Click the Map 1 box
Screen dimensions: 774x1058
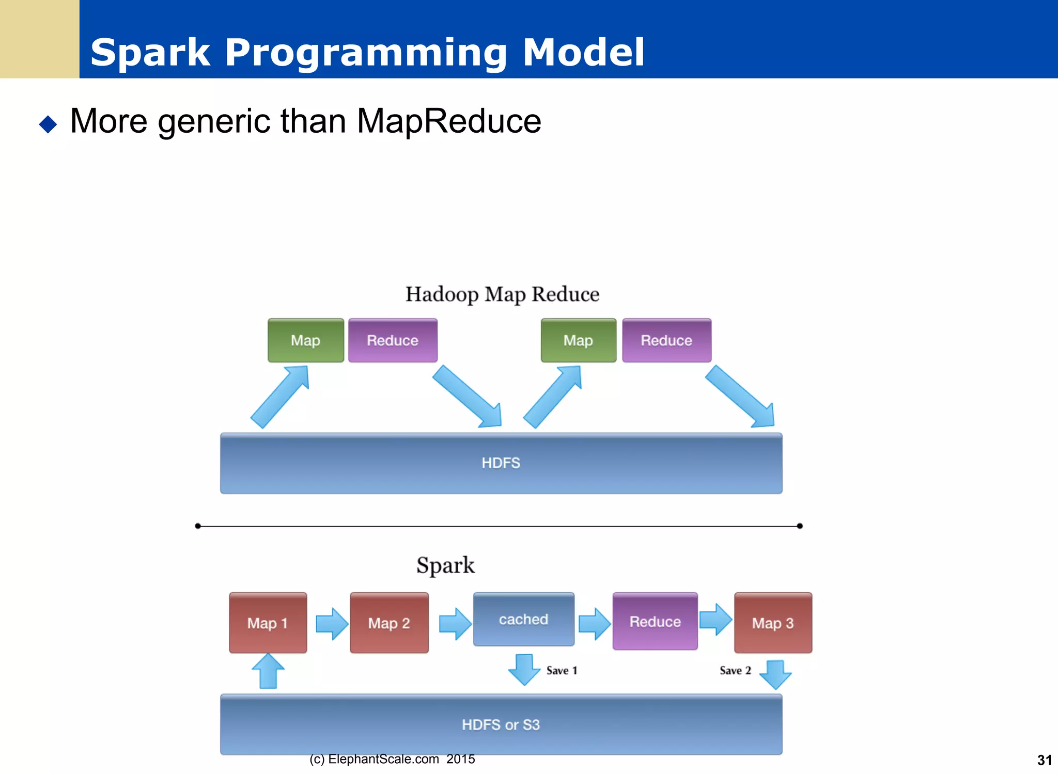(x=268, y=623)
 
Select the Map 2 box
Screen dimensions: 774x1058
(x=389, y=623)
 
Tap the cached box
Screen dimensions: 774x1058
(x=523, y=619)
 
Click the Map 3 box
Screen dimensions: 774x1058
(x=773, y=623)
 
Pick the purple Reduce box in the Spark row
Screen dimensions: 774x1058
(x=655, y=621)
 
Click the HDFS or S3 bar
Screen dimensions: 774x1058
(x=501, y=724)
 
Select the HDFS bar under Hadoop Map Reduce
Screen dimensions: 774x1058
(x=501, y=463)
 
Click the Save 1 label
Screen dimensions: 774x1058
(x=562, y=671)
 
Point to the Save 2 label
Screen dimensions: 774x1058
(x=735, y=671)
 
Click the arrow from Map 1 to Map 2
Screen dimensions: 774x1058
(x=332, y=624)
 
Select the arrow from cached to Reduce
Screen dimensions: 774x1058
(x=594, y=624)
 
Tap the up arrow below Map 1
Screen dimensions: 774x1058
(x=268, y=671)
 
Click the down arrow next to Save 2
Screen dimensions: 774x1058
(x=775, y=674)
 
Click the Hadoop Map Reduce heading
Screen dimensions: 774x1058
(x=502, y=294)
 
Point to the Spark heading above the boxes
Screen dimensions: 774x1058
(x=445, y=565)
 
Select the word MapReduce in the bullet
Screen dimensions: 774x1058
(x=448, y=121)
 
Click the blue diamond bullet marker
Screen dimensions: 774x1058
(x=48, y=124)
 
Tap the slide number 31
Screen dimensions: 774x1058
(x=1044, y=760)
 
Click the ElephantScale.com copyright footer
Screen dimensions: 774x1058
(x=392, y=759)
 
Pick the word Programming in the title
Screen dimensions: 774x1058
(x=366, y=53)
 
